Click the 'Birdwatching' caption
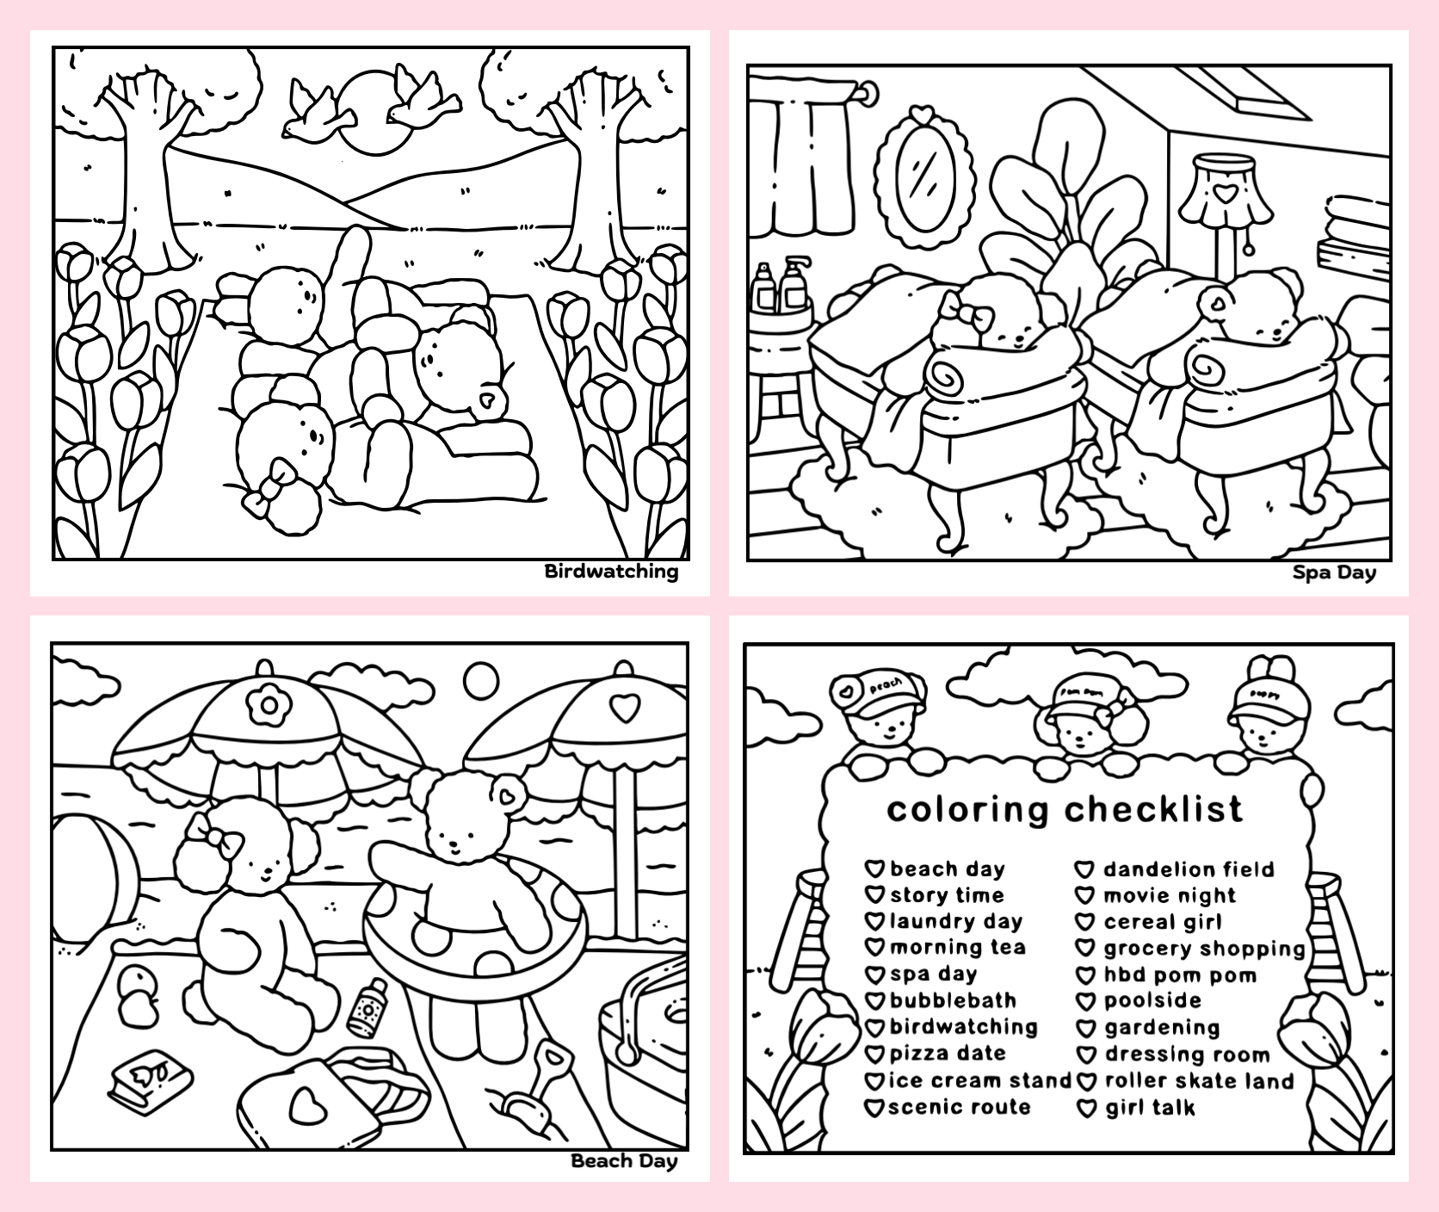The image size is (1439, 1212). pyautogui.click(x=611, y=572)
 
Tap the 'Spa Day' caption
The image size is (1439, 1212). pyautogui.click(x=1334, y=573)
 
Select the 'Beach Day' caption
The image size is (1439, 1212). pyautogui.click(x=624, y=1161)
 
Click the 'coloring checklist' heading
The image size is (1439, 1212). pyautogui.click(x=1065, y=809)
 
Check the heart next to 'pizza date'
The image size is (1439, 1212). pyautogui.click(x=875, y=1054)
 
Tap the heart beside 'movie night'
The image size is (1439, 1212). pyautogui.click(x=1086, y=896)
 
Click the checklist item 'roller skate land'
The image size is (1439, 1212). pyautogui.click(x=1199, y=1081)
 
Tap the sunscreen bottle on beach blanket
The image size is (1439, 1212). pyautogui.click(x=367, y=1006)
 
